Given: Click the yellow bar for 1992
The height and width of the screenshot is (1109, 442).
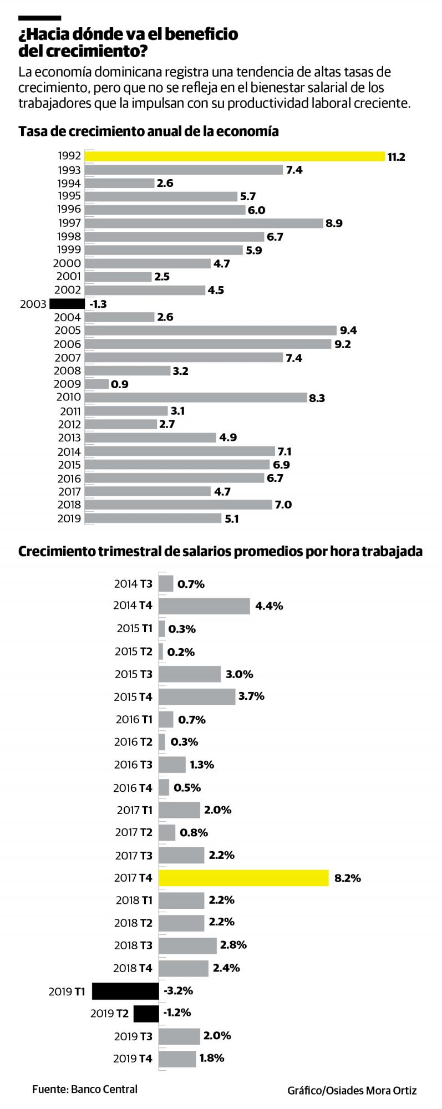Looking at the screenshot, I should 235,156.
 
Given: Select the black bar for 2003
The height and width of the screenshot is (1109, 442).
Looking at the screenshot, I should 67,304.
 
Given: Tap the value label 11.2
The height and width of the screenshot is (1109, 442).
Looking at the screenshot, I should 396,157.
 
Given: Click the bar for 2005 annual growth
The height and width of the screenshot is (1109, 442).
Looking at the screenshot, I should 211,330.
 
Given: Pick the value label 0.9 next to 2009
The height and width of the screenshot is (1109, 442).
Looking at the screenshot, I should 120,384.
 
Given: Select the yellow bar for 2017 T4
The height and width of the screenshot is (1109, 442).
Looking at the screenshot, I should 243,878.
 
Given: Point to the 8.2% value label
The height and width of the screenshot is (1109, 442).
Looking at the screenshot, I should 348,878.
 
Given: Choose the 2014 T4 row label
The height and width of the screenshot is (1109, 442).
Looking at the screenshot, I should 133,606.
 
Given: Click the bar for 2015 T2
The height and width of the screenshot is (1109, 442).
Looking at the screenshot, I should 161,652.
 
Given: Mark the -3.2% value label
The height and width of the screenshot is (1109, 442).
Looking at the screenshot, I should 178,990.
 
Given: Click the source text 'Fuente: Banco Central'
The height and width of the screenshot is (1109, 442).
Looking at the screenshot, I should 84,1088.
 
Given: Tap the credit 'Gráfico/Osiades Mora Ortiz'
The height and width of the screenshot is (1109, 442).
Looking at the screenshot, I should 352,1090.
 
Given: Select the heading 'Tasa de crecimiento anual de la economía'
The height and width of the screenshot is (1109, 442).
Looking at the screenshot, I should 148,131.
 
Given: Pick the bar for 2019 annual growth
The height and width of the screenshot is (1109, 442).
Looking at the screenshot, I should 153,518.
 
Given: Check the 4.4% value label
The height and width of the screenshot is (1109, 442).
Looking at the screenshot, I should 269,606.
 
